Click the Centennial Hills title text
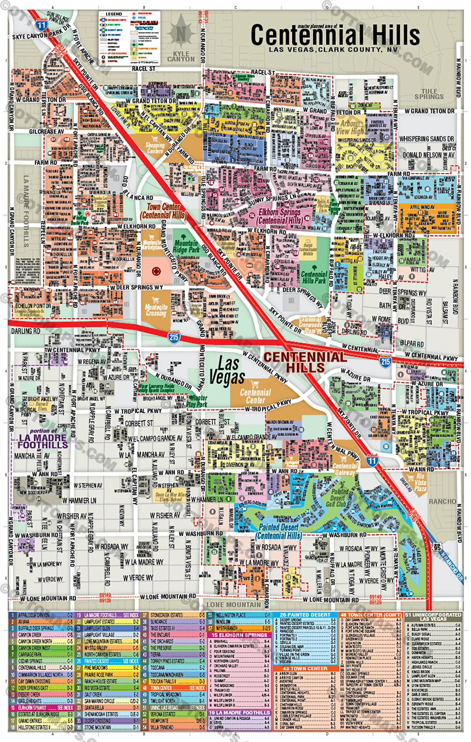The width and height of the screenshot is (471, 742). click(335, 35)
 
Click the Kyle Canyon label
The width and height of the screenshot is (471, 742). click(181, 57)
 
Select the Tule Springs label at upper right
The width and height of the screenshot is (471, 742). click(429, 94)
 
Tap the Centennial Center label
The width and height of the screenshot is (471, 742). click(255, 396)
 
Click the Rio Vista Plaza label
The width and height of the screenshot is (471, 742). click(420, 482)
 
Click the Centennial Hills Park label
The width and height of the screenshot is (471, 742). click(314, 277)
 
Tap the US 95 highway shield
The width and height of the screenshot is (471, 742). click(437, 547)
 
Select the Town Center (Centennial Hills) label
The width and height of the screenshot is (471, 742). click(163, 211)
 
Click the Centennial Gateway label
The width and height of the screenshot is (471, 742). click(345, 469)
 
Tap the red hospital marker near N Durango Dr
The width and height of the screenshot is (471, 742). click(156, 271)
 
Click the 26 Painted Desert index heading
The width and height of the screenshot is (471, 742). click(305, 615)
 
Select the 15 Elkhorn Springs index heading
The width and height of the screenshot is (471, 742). click(239, 635)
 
